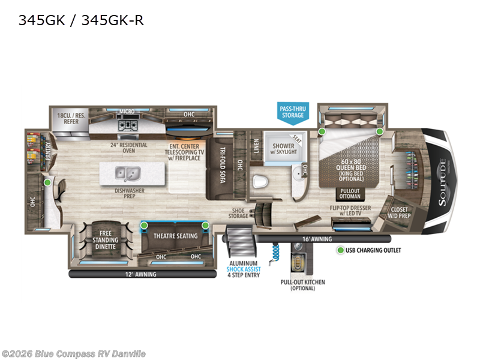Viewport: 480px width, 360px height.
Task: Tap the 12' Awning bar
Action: coord(143,274)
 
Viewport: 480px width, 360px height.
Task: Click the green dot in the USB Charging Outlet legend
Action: coord(340,250)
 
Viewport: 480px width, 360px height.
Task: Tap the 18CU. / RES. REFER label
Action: coord(68,117)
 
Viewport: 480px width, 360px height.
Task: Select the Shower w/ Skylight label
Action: coord(283,148)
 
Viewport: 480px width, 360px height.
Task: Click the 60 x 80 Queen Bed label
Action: coord(351,164)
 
